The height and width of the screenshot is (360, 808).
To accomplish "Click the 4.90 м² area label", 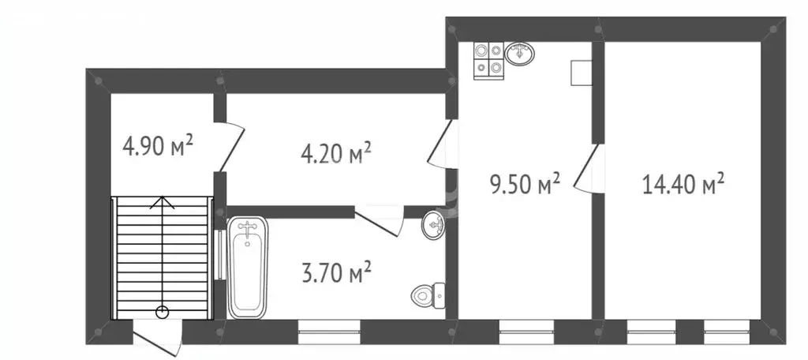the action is coord(158,145).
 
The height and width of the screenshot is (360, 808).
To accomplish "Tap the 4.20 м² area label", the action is coord(336,153).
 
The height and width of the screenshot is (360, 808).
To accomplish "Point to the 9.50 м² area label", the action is coord(525,184).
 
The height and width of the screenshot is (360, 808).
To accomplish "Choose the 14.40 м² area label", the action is coord(683,184).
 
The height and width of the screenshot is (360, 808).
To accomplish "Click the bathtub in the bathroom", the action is coord(247,267).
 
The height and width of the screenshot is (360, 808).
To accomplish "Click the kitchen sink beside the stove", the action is coord(519,53).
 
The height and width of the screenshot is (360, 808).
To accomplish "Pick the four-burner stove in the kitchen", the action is coord(488,60).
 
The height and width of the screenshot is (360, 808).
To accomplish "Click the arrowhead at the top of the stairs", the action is coord(163,201).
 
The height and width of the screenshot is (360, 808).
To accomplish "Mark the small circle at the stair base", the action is coord(163,311).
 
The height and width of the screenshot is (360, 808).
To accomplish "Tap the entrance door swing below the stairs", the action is coord(158,338).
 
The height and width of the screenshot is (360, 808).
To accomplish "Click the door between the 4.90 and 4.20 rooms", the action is coord(231,147).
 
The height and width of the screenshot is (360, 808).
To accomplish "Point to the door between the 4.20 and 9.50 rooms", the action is coord(440,144).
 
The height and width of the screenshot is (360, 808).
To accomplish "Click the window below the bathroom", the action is coord(329,332).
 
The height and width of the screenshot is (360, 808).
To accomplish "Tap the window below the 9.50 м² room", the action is coord(526,332).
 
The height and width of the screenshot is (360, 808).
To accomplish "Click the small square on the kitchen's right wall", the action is coord(581,73).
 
